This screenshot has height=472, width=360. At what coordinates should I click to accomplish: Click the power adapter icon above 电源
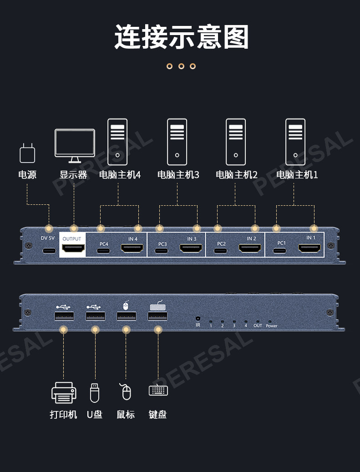pos(27,153)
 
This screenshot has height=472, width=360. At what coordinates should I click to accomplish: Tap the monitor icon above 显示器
pos(75,144)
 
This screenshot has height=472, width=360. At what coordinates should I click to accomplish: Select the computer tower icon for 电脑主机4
pos(117,142)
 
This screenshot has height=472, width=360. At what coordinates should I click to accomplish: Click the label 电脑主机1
pos(297,175)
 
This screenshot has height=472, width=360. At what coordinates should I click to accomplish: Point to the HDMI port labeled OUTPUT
pos(73,249)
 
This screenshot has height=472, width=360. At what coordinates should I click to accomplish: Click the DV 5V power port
pos(49,250)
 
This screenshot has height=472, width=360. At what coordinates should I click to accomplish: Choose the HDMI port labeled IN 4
pos(132,249)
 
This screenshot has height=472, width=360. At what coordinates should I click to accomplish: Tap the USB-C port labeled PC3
pos(162,250)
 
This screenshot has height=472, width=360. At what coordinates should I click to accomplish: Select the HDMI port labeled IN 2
pos(250,249)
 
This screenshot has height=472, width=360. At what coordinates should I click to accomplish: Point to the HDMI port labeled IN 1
pos(309,248)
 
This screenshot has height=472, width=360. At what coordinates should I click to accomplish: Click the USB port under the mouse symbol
pos(127,316)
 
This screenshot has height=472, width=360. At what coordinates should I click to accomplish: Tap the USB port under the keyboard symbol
pos(158,316)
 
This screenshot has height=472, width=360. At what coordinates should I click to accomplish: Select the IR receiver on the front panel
pos(198,319)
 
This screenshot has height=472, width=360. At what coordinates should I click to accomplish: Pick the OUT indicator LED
pos(258,321)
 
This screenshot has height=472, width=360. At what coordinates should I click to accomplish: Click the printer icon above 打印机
pos(63,392)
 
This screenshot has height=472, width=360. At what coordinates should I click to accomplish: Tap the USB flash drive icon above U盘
pos(94,393)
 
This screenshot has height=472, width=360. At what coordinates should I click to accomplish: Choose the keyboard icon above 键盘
pos(158,390)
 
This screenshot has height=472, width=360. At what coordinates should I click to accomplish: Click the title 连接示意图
pos(181,37)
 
